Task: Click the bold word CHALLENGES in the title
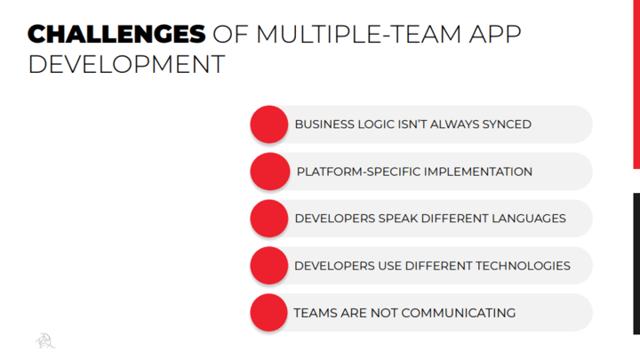coord(116,34)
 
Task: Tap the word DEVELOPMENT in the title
coord(126,65)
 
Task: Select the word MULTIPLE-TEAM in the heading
coord(358,34)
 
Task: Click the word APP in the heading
coord(495,34)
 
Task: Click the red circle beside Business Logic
coord(269,124)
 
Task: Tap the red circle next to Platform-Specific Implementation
coord(269,172)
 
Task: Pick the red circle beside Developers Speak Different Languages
coord(269,219)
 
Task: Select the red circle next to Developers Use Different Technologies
coord(269,265)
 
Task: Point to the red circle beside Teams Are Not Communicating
coord(269,313)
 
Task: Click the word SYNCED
coord(507,124)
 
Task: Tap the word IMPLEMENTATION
coord(478,172)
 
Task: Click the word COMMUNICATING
coord(459,313)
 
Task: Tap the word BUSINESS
coord(324,124)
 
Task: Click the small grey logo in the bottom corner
coord(45,340)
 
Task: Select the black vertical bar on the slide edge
coord(636,264)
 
